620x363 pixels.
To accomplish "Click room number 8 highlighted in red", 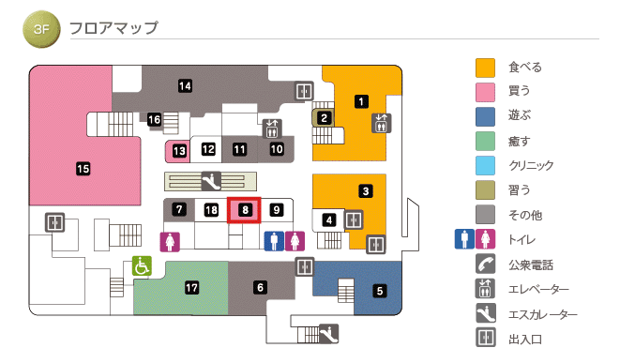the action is point(244,211).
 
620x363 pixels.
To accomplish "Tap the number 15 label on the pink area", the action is point(83,169).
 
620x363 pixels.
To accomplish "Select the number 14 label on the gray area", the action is point(186,86).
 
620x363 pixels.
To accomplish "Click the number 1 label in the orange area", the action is point(361,100).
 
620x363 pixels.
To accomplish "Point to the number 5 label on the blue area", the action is point(380,291).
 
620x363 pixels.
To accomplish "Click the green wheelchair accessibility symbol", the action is point(142,266).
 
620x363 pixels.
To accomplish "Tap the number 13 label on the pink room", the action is point(178,150).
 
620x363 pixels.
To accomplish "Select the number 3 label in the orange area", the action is point(366,191).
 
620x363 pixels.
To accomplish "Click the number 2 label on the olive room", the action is point(324,118).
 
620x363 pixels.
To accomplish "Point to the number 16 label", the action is point(155,120).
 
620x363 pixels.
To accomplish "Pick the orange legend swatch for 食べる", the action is point(485,68).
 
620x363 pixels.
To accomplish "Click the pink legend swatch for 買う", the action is point(485,92).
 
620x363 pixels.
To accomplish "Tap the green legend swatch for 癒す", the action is point(485,142).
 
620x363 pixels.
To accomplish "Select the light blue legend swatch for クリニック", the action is point(485,166).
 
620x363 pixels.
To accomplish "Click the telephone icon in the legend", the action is point(485,265).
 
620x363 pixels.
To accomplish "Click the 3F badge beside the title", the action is point(40,29).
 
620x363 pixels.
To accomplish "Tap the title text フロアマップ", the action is point(113,28).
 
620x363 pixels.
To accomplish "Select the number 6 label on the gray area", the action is point(260,287).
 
